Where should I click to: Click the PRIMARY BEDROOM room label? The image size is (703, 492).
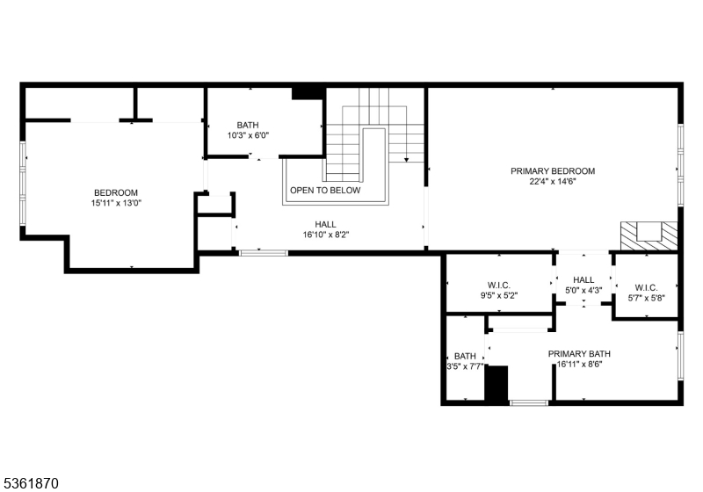point(553,171)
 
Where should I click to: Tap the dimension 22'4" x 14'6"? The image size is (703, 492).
point(553,183)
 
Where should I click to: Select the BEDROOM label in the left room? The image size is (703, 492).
point(116,192)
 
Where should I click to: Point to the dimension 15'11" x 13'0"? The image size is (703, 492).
point(116,204)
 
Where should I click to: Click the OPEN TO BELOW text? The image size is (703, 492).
point(325,190)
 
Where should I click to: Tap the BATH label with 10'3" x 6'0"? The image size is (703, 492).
point(248,125)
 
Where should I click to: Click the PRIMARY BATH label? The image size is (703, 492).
point(579,354)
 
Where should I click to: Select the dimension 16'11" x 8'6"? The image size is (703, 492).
point(579,365)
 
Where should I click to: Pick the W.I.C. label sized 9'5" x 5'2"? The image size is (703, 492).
point(499,285)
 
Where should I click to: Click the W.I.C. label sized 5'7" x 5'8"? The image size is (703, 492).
point(646,286)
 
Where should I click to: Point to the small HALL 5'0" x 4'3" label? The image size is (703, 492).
point(584,279)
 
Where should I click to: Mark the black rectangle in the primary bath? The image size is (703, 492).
point(496,385)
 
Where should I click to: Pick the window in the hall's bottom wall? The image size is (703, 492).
point(263,253)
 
